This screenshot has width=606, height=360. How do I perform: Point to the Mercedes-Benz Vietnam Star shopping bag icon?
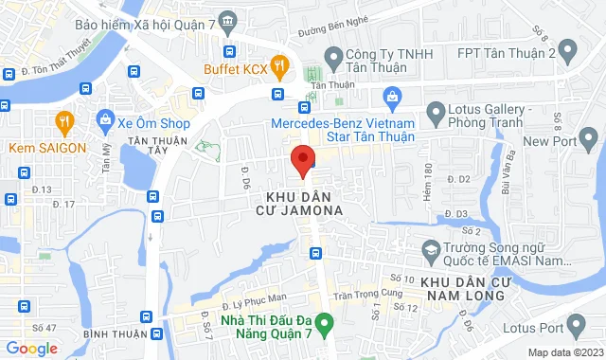pyautogui.click(x=391, y=95)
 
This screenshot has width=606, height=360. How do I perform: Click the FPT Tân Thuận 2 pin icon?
pyautogui.click(x=566, y=48)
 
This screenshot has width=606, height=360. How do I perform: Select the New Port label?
pyautogui.click(x=548, y=142)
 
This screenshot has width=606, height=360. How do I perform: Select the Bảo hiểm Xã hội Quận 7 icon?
pyautogui.click(x=227, y=21)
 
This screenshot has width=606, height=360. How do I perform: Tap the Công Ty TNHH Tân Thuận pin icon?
pyautogui.click(x=332, y=55)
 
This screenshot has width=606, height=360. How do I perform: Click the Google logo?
pyautogui.click(x=31, y=348)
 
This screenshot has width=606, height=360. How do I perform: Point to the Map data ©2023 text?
pyautogui.click(x=563, y=352)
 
